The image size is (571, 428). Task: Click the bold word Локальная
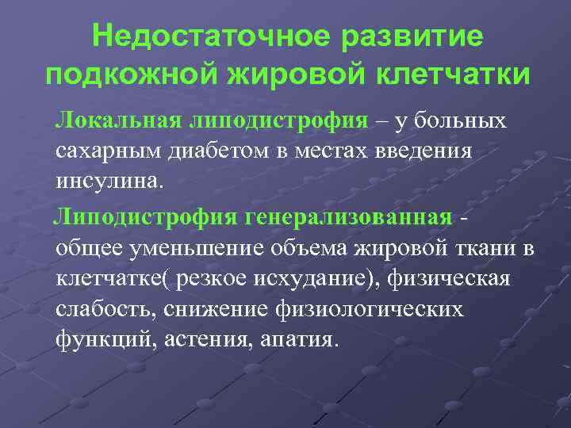[x=117, y=120]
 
